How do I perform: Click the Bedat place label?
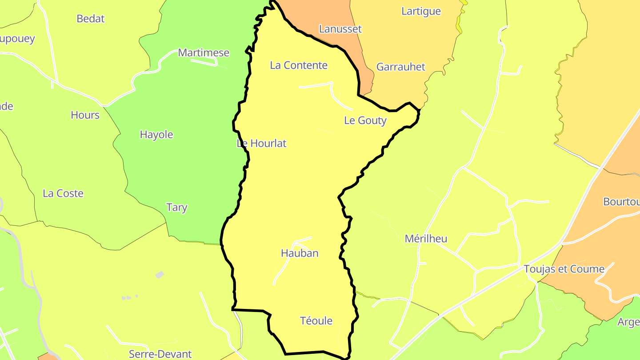[91, 19]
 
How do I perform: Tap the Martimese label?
[204, 53]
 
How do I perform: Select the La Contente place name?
[299, 65]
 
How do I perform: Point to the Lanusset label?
[340, 29]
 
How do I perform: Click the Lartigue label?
[421, 11]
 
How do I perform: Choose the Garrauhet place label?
[401, 67]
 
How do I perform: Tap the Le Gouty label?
[365, 120]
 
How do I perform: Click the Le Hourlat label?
[262, 144]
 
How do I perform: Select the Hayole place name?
[156, 135]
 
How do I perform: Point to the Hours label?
[85, 115]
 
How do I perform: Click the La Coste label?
[63, 193]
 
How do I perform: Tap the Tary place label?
[177, 208]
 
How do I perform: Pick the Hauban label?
[300, 253]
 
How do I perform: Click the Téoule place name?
[316, 321]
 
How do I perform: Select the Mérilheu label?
[426, 239]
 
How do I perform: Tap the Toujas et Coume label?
[564, 269]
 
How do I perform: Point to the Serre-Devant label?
[160, 354]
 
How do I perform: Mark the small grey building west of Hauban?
[160, 275]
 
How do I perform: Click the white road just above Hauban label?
[302, 240]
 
